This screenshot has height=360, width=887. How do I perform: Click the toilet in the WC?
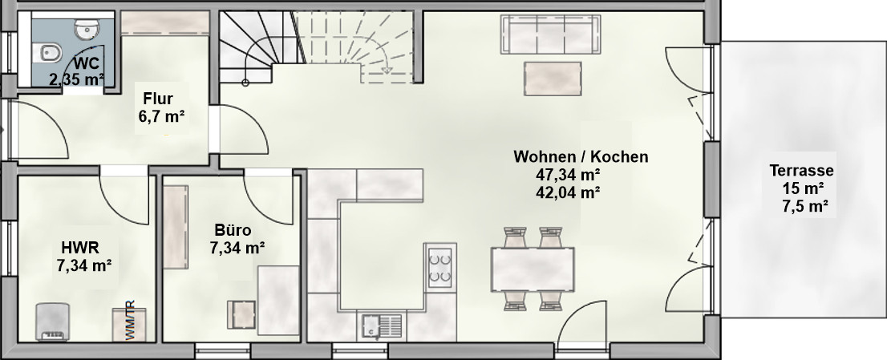[x=51, y=54]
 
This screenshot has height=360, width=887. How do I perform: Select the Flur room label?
[x=158, y=99]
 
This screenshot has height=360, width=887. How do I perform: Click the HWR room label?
[x=80, y=248]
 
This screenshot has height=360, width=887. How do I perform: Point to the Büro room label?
[x=233, y=231]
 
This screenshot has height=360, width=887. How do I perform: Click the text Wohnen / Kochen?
[x=581, y=156]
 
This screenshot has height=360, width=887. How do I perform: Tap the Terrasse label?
[x=801, y=171]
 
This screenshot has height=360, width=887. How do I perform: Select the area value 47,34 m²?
[x=567, y=175]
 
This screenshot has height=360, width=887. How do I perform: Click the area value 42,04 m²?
[x=567, y=192]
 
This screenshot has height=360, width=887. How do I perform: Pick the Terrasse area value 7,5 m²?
[x=805, y=207]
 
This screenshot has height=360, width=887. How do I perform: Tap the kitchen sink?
[x=383, y=326]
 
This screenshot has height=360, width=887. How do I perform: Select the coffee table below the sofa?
[x=553, y=78]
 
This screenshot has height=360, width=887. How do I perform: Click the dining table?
[x=533, y=269]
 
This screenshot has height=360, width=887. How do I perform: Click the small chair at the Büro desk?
[x=242, y=315]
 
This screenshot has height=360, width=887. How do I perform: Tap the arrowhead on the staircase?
[x=387, y=70]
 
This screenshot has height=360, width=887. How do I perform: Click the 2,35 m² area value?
[x=77, y=79]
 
